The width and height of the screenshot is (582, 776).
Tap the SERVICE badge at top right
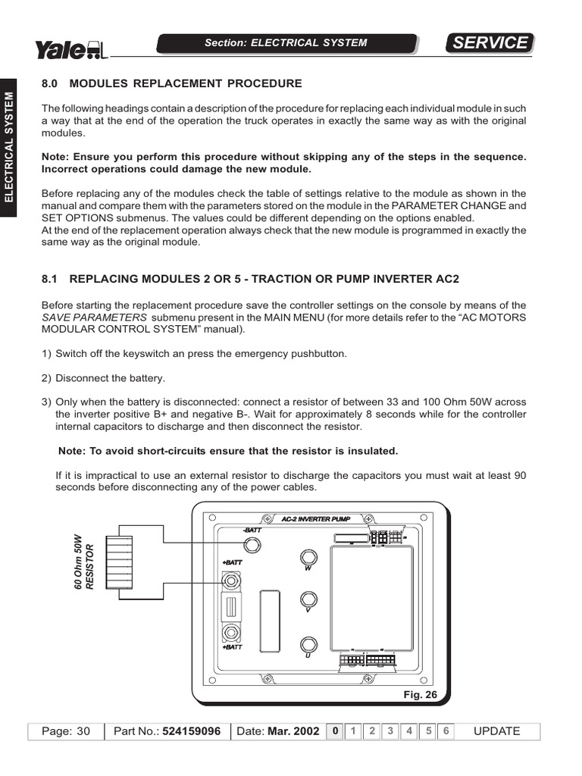490,43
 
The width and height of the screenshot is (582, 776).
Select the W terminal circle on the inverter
308,556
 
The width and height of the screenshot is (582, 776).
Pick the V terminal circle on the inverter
308,599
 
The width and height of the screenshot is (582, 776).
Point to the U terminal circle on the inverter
308,645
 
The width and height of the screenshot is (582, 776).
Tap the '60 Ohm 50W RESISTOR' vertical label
83,564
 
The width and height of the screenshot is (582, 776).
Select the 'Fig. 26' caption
421,693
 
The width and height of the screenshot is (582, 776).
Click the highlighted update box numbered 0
334,731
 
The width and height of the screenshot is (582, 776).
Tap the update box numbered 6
446,731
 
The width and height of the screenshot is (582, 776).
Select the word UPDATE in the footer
496,731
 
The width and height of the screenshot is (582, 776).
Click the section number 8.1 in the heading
50,279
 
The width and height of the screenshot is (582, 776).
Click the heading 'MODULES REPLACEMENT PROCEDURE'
186,83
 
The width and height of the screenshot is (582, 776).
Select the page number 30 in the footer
83,731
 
